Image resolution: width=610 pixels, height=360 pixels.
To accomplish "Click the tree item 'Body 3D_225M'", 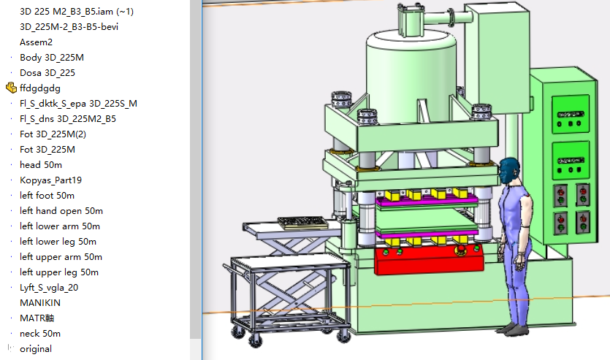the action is click(x=52, y=58).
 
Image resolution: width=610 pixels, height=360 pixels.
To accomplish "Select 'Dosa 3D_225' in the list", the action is click(x=47, y=73).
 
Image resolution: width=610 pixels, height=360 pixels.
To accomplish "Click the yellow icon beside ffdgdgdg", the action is click(x=11, y=88).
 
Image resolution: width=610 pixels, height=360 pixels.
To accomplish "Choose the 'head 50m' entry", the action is click(x=41, y=165).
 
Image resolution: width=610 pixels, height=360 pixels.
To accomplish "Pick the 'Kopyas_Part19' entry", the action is click(x=50, y=180).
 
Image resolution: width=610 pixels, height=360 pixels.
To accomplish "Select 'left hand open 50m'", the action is click(x=61, y=211).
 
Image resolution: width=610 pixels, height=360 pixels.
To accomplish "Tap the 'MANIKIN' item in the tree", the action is click(x=40, y=303).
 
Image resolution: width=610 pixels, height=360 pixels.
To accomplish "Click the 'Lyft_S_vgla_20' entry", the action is click(x=49, y=288).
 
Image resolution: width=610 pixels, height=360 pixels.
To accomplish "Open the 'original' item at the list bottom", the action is click(x=36, y=349).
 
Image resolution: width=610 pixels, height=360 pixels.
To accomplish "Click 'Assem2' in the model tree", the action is click(x=37, y=42).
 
